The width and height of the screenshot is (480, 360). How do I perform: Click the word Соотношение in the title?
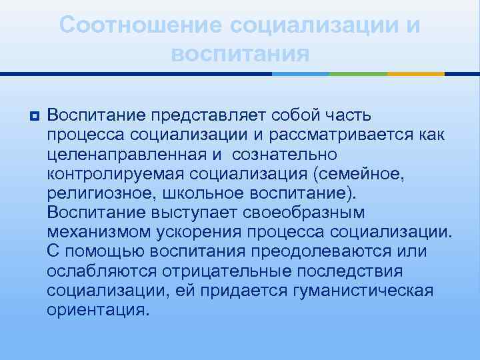coord(140,26)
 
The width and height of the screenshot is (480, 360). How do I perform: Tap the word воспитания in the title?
coord(240,53)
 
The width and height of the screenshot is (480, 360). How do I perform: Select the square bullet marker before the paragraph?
coord(34,117)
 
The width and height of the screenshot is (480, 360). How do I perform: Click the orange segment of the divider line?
coord(416,73)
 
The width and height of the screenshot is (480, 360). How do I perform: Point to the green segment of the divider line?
coord(361,73)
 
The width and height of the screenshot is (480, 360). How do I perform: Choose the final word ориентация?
coord(95,310)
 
